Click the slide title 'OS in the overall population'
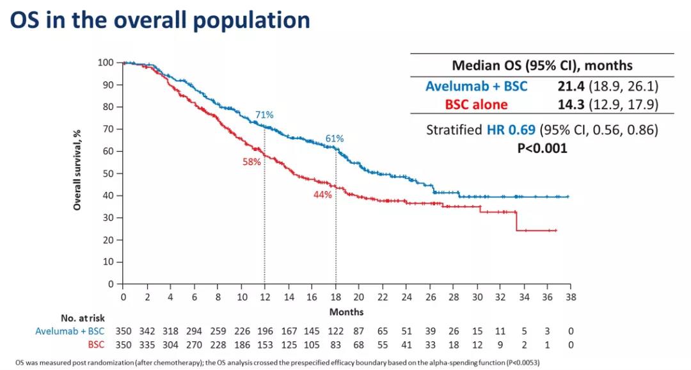coord(160,20)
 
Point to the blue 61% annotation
coord(335,138)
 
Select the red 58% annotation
coord(251,162)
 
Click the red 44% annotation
coord(322,195)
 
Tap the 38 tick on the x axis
coord(570,297)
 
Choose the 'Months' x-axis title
coord(347,312)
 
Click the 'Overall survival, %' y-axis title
coord(77,169)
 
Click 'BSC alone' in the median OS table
coord(477,104)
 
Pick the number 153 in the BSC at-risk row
coord(264,344)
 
